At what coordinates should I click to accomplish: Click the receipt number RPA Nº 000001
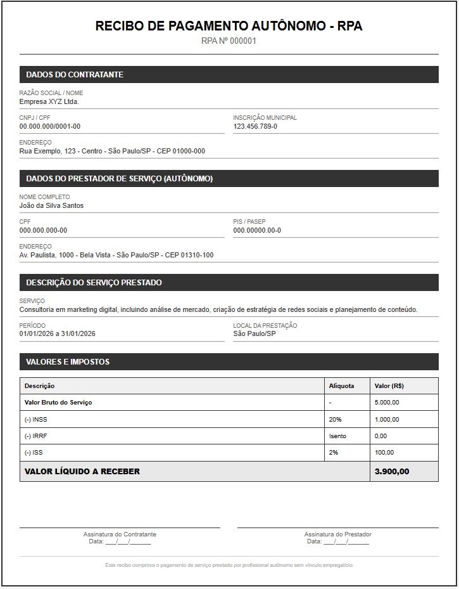(229, 41)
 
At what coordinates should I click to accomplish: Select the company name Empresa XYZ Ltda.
(49, 101)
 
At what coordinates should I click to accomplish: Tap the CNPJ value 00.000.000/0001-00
(50, 126)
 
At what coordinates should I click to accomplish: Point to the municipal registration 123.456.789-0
(255, 126)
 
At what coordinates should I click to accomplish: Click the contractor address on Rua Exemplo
(112, 151)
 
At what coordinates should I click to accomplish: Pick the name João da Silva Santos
(51, 205)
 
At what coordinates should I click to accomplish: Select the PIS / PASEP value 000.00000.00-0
(257, 230)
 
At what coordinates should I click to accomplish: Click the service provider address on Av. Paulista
(116, 255)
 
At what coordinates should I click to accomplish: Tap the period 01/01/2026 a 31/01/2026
(58, 333)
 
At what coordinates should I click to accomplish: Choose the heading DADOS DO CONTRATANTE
(75, 75)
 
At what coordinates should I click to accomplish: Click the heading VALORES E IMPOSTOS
(68, 362)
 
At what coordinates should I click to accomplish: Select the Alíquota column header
(342, 385)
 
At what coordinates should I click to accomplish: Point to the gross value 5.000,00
(387, 403)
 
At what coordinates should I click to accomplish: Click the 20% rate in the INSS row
(336, 419)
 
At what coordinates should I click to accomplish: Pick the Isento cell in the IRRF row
(338, 436)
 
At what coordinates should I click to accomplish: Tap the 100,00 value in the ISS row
(384, 453)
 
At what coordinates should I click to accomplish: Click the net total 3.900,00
(392, 471)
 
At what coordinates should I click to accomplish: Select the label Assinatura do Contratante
(120, 534)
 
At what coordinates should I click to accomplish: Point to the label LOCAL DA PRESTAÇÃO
(265, 325)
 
